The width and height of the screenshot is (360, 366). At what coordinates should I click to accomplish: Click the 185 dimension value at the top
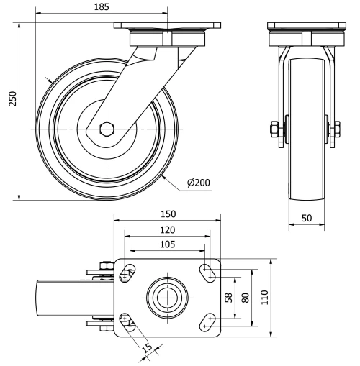click(x=102, y=8)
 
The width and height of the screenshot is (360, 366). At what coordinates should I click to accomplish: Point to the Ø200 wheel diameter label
click(x=198, y=183)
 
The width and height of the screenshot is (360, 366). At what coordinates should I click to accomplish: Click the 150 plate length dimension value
click(x=168, y=214)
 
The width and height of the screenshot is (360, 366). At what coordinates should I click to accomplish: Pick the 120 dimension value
click(x=167, y=229)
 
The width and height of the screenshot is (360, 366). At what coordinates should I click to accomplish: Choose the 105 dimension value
click(x=167, y=244)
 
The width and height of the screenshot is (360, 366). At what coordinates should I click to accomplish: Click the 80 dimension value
click(x=245, y=297)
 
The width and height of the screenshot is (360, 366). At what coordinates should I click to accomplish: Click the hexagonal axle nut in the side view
click(x=107, y=130)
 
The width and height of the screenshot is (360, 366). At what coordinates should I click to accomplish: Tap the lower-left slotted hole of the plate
click(x=127, y=321)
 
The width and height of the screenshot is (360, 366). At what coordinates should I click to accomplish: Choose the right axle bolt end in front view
click(x=336, y=130)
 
